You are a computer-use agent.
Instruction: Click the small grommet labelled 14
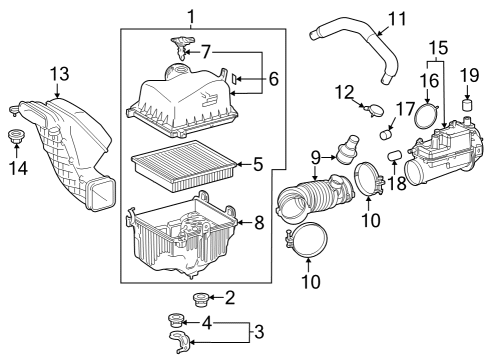(x=17, y=136)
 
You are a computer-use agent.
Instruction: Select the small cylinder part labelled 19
(x=466, y=105)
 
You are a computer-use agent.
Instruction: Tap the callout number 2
(x=230, y=296)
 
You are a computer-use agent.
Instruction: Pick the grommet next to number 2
(x=198, y=297)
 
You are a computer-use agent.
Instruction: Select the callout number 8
(x=258, y=222)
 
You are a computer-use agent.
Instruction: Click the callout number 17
(x=406, y=108)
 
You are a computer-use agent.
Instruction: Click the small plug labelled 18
(x=394, y=156)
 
